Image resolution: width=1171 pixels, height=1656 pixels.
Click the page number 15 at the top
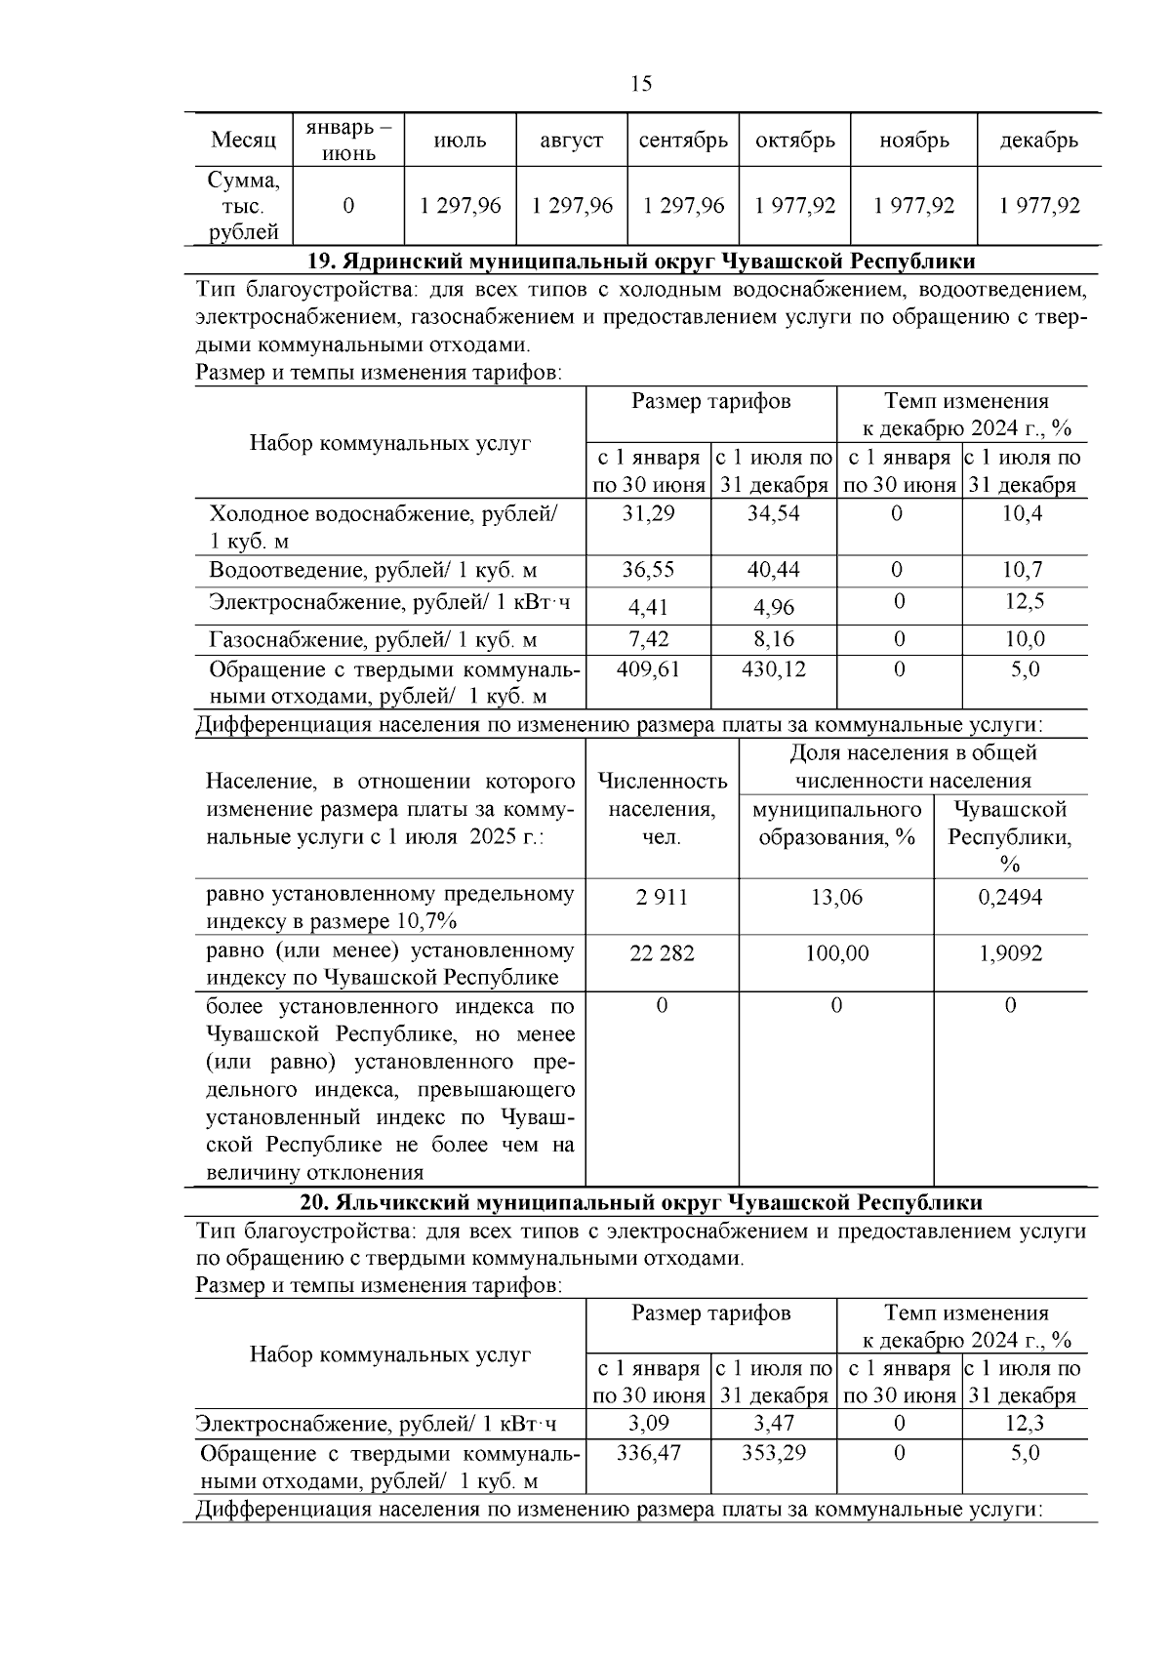[x=641, y=84]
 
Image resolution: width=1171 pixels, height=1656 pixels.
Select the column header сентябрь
[x=683, y=141]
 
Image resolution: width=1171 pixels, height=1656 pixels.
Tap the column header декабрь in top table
[x=1038, y=141]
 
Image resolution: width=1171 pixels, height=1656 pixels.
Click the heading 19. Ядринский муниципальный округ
[x=641, y=262]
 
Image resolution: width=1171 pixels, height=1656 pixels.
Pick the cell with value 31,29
[x=648, y=513]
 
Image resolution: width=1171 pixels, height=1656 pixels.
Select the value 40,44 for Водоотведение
[x=773, y=570]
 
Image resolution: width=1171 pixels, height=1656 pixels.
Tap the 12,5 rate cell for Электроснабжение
[x=1025, y=602]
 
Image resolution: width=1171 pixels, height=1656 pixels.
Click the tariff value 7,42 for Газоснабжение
[x=648, y=640]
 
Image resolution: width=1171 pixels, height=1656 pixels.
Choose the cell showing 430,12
[x=773, y=669]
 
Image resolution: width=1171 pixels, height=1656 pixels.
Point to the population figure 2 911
[x=662, y=897]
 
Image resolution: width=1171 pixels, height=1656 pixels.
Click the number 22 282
[x=662, y=953]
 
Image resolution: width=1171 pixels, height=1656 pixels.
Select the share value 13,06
[x=836, y=897]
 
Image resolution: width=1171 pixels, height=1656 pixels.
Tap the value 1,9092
[x=1010, y=953]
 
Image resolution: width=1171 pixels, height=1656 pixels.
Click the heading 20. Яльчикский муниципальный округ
[x=641, y=1202]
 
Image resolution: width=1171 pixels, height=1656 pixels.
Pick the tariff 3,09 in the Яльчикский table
[x=648, y=1424]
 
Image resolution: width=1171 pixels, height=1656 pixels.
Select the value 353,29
[x=773, y=1453]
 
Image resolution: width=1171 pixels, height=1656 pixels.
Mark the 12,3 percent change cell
[x=1025, y=1424]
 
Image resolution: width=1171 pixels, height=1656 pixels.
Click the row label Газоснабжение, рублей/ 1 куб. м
[x=373, y=640]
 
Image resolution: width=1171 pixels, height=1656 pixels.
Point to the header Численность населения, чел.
[x=662, y=809]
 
